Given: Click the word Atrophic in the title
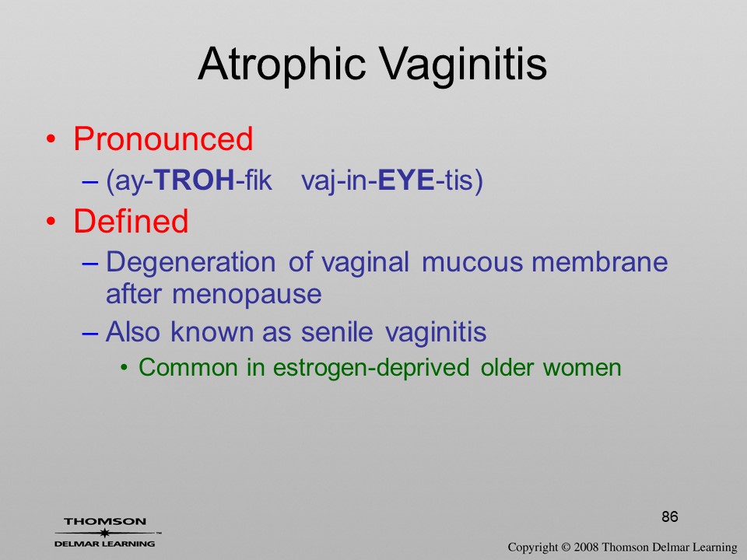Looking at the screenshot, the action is [281, 65].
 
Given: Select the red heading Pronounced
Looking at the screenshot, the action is [163, 138].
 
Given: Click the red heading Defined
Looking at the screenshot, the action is [131, 221].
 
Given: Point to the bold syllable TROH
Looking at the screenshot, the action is [195, 180].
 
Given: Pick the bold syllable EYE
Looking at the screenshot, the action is [405, 180].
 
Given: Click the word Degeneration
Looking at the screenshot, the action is [191, 263].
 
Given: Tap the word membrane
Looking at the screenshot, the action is [599, 262].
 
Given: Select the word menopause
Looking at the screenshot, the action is [247, 295].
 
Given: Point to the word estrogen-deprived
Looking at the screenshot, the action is [371, 368].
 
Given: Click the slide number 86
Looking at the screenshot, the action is [670, 516].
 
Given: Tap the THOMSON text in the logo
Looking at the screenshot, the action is [105, 521].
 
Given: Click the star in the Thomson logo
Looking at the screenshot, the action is [104, 532].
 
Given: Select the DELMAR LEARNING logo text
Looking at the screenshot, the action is [104, 544].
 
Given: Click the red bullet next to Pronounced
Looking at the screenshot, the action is [51, 139].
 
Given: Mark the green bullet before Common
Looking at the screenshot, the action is [124, 368].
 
